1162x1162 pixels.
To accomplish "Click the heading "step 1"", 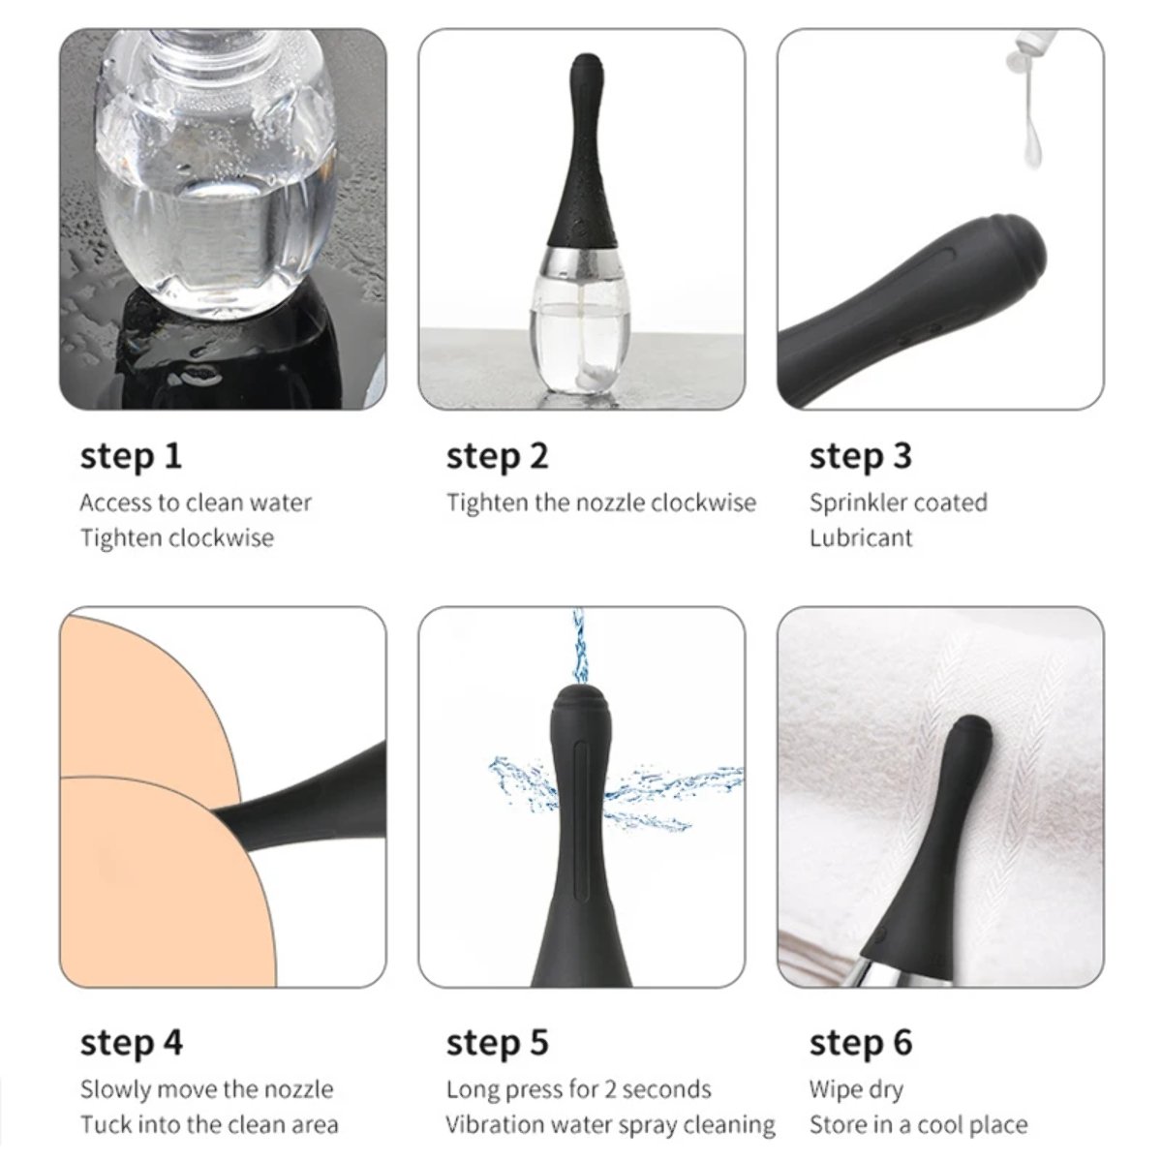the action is click(131, 456).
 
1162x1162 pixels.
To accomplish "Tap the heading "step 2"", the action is click(497, 456).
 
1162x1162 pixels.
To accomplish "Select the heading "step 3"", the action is click(861, 456).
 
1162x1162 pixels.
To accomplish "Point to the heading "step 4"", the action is click(132, 1044).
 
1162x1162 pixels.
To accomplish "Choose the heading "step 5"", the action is click(497, 1044).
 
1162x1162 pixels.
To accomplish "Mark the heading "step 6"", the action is click(861, 1044).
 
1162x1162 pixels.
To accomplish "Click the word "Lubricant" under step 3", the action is click(861, 537).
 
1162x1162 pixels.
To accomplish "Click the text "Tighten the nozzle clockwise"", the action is click(600, 503).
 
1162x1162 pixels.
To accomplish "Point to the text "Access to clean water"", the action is click(196, 503).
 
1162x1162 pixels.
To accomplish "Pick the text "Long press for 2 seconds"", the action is click(578, 1090).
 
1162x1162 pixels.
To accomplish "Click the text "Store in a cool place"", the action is click(918, 1125).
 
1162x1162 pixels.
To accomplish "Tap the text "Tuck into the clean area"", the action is click(209, 1125).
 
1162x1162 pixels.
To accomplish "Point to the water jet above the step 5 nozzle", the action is click(579, 645).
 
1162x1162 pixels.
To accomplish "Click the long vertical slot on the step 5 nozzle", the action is click(580, 827).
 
